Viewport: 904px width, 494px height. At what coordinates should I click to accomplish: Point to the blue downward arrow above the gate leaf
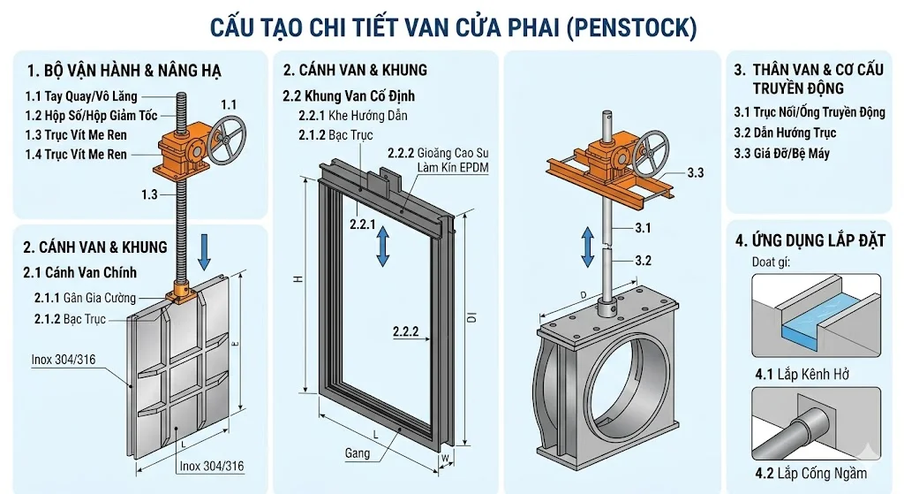(x=204, y=251)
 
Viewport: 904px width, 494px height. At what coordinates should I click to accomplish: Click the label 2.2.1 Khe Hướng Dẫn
(x=353, y=116)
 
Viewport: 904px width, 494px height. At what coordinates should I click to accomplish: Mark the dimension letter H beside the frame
(x=298, y=279)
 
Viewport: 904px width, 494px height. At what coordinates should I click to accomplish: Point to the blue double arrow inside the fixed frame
(x=382, y=247)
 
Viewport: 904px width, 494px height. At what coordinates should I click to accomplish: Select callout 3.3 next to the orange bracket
(x=695, y=173)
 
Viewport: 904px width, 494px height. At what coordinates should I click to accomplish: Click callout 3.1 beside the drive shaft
(x=644, y=228)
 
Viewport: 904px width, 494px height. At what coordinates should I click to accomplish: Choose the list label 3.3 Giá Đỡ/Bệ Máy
(x=781, y=153)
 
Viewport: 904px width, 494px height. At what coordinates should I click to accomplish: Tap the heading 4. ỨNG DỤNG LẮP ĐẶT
(x=810, y=239)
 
